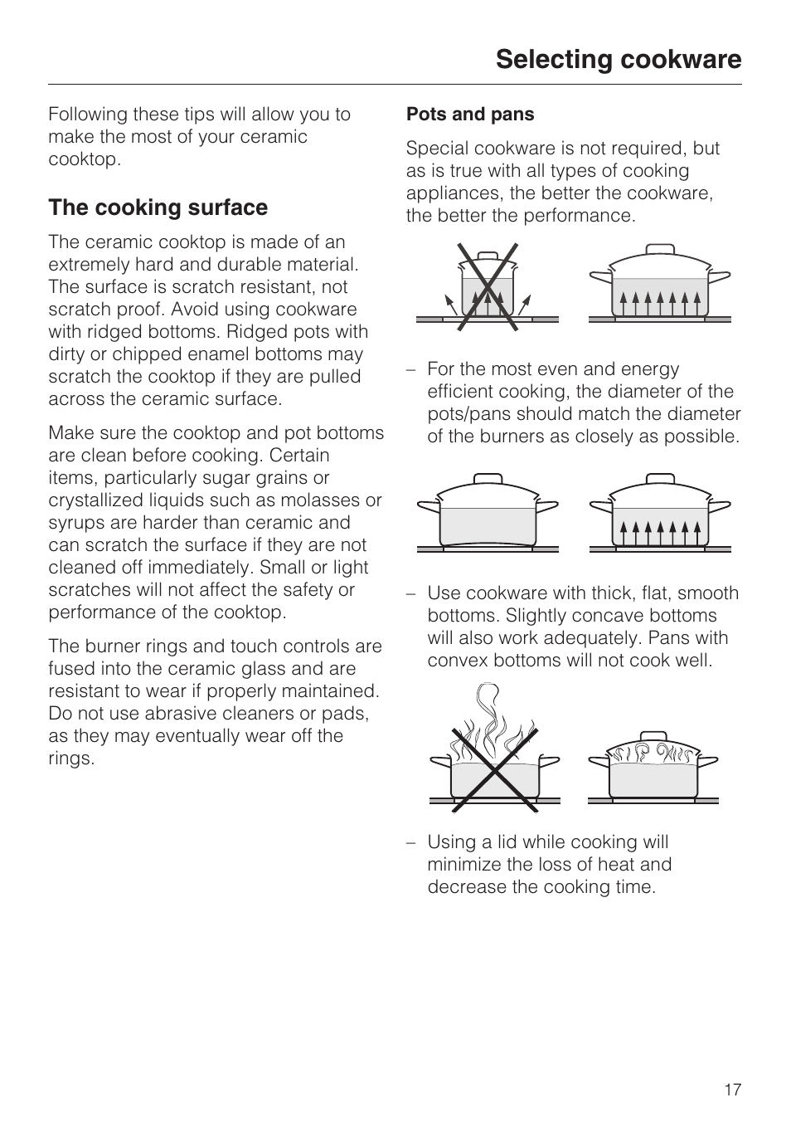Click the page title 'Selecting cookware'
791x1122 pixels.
(x=619, y=60)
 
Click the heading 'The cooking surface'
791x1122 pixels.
(x=158, y=207)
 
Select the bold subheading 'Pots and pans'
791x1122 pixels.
(x=470, y=115)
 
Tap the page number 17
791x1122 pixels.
(x=732, y=1090)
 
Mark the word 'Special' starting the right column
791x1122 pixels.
(x=436, y=149)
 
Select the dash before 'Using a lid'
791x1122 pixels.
(x=411, y=842)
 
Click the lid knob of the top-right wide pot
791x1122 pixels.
(x=660, y=249)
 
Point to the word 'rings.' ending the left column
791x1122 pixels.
(x=71, y=759)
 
